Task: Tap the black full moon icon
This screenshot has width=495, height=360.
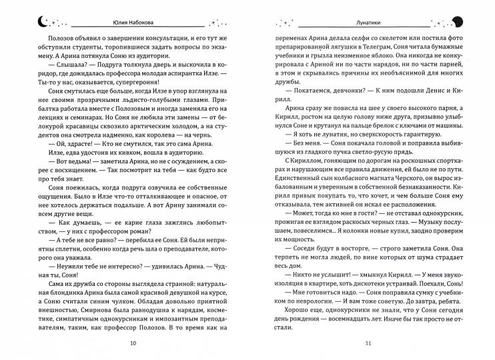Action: point(459,20)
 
